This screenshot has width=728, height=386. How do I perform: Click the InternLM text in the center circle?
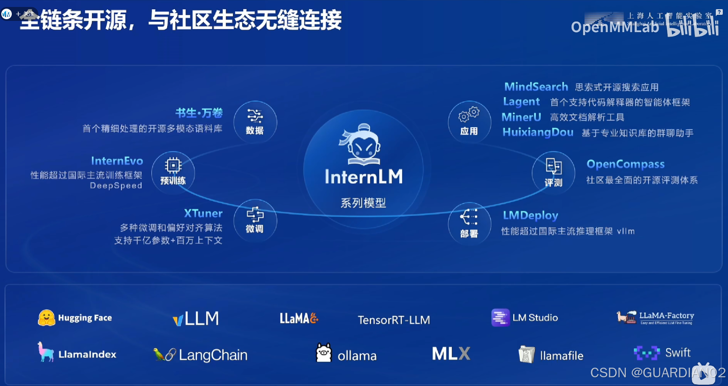click(x=364, y=177)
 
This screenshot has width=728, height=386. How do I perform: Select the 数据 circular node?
click(x=255, y=122)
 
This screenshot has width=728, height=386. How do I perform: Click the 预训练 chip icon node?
click(x=173, y=172)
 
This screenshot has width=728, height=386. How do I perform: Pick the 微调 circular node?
click(x=255, y=220)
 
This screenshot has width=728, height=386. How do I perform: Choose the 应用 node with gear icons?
click(x=469, y=122)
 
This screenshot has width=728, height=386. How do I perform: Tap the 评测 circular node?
click(x=553, y=173)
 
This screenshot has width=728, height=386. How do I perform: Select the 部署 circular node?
click(x=469, y=223)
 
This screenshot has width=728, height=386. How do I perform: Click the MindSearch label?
click(x=536, y=87)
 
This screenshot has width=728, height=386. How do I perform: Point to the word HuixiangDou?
click(x=538, y=132)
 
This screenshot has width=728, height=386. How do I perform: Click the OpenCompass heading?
click(x=625, y=164)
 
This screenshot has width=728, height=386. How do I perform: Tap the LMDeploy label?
click(x=530, y=215)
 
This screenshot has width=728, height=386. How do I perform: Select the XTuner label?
click(x=203, y=213)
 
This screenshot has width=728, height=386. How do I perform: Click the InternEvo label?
click(x=117, y=161)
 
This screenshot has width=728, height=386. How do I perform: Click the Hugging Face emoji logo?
click(x=46, y=318)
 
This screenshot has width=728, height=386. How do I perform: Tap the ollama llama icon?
click(x=324, y=353)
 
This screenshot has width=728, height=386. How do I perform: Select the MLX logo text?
click(x=451, y=354)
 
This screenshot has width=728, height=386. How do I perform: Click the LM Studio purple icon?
click(x=500, y=318)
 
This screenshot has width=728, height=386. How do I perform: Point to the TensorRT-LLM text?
click(x=394, y=320)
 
